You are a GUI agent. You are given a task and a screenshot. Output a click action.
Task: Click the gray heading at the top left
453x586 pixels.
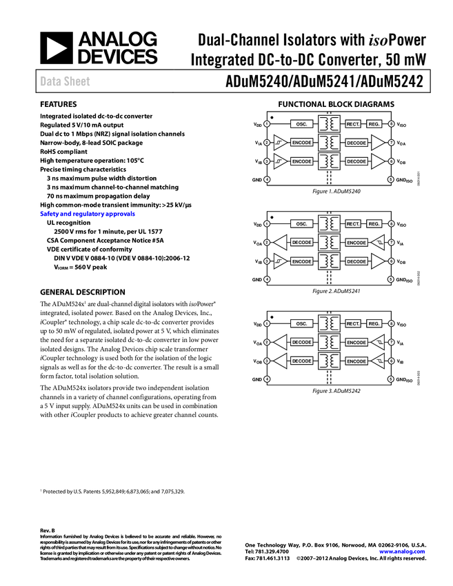(65, 81)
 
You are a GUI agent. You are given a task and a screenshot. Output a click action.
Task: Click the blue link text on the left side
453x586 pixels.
(87, 214)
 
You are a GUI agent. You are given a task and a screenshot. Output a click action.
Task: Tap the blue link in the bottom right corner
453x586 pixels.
(403, 552)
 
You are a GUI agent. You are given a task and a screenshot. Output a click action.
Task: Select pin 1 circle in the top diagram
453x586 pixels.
(267, 124)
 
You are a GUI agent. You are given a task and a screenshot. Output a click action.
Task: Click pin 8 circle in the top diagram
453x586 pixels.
(391, 124)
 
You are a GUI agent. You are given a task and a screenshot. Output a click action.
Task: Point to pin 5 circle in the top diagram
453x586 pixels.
(391, 179)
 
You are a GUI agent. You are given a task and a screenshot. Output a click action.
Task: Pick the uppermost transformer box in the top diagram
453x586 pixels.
(330, 124)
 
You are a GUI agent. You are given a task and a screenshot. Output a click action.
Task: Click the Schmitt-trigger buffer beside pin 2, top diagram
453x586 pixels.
(279, 143)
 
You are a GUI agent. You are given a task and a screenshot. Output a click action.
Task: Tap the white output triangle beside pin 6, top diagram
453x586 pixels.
(376, 161)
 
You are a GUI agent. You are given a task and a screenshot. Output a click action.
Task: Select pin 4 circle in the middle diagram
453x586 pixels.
(267, 279)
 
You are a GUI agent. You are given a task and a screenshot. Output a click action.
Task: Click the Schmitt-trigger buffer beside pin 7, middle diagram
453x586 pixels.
(378, 243)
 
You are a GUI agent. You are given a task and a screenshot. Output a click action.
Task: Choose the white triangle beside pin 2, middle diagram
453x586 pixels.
(281, 243)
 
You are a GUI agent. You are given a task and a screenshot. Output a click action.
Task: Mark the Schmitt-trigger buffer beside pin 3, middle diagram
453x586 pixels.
(279, 261)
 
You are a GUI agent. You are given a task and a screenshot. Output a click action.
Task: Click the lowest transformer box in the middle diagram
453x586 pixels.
(330, 261)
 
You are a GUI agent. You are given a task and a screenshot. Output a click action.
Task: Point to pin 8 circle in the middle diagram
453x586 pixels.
(391, 224)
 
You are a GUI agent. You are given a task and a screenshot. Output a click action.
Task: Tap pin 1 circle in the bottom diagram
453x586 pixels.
(267, 323)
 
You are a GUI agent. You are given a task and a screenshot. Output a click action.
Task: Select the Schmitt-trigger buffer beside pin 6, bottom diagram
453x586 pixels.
(378, 361)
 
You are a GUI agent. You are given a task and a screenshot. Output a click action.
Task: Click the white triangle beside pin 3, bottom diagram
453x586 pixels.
(281, 361)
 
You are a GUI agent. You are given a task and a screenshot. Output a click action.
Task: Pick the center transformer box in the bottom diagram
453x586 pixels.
(330, 342)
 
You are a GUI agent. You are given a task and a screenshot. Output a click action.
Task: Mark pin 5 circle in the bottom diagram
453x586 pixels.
(391, 379)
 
